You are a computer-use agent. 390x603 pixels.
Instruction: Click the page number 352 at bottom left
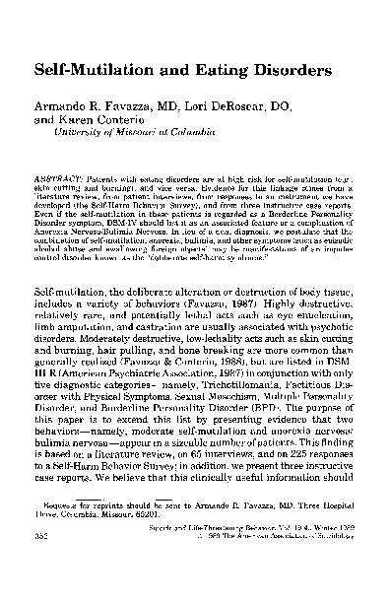[43, 572]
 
